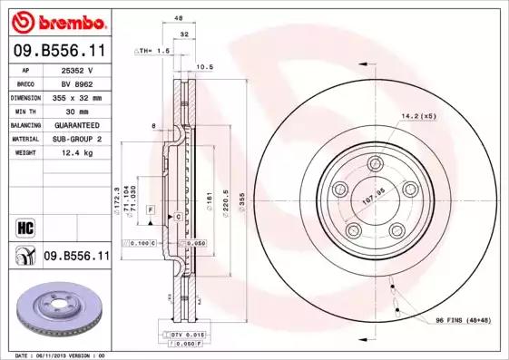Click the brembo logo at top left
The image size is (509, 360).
click(58, 21)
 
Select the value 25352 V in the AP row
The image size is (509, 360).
click(76, 69)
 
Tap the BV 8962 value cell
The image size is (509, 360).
click(76, 83)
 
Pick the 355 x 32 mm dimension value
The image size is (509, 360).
click(76, 97)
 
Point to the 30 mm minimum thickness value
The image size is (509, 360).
click(76, 111)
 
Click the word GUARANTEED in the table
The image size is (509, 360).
click(76, 124)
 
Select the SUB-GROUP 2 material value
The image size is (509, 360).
click(76, 139)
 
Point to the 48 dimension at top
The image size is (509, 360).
click(179, 18)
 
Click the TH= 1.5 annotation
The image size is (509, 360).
click(152, 52)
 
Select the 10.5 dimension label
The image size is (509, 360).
click(204, 66)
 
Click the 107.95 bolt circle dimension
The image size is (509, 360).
click(375, 191)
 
